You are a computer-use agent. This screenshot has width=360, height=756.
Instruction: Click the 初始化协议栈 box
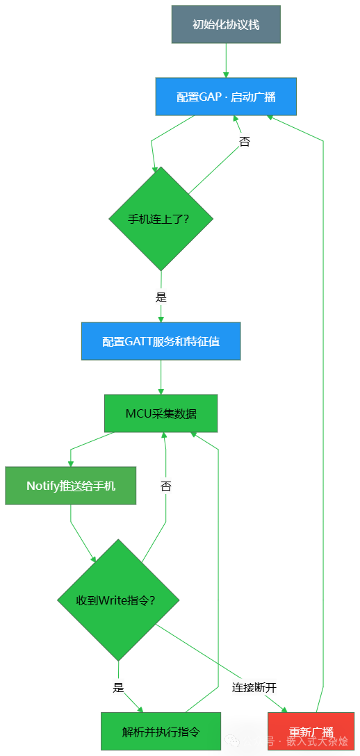point(226,24)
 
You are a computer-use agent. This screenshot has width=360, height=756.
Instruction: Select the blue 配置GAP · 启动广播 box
point(226,97)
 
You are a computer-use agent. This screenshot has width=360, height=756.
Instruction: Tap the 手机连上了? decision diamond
point(161,218)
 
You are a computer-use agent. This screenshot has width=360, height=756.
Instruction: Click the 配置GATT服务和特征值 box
point(161,341)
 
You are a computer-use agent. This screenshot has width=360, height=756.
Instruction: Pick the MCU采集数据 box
point(161,413)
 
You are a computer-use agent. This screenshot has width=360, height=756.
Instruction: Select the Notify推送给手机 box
point(71,486)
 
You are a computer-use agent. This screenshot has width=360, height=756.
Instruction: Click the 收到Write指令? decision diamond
point(119,600)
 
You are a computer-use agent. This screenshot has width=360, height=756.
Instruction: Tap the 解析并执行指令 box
point(161,731)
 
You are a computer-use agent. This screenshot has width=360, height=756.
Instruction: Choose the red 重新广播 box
point(311,732)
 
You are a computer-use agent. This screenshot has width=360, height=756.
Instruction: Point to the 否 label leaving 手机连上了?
point(245,142)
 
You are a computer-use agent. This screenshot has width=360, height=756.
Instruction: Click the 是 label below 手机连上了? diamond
point(161,297)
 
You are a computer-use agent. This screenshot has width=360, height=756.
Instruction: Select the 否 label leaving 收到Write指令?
point(165,486)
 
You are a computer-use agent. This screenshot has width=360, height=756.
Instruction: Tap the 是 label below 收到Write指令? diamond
point(119,688)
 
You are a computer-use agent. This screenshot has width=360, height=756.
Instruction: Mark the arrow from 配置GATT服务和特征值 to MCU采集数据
point(161,377)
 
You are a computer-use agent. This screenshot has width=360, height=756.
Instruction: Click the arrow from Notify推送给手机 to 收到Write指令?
point(80,532)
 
